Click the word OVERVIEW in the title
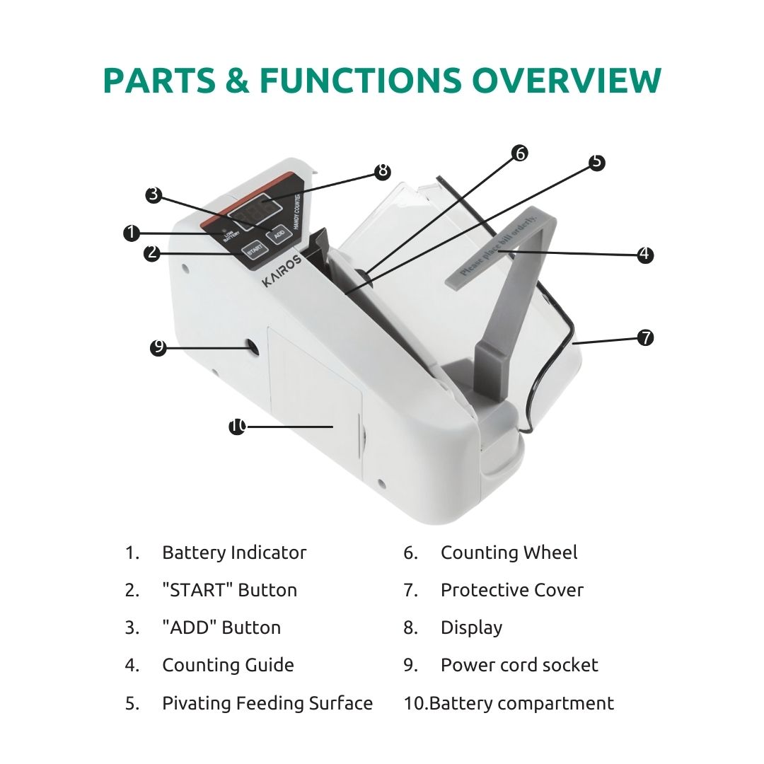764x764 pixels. (566, 80)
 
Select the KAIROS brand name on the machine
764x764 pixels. (282, 272)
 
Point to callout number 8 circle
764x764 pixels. (383, 170)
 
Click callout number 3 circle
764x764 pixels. (154, 195)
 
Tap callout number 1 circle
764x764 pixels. (132, 233)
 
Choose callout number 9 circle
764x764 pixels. (158, 347)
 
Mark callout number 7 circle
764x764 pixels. (646, 337)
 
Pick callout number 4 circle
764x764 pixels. (645, 254)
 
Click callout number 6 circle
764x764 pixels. (521, 153)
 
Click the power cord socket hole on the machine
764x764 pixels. (253, 346)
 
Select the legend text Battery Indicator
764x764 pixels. (234, 552)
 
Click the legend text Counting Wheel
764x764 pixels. (509, 552)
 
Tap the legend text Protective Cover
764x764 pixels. (511, 590)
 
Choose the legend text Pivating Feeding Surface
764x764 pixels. (267, 703)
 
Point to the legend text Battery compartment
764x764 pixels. (521, 703)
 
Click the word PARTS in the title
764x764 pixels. (159, 80)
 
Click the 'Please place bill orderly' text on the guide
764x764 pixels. (498, 245)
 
